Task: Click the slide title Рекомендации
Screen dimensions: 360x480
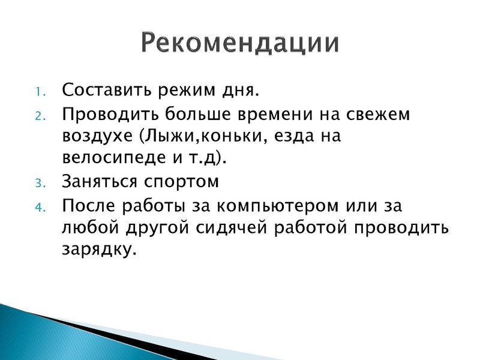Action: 240,43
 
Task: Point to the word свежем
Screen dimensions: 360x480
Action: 375,114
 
